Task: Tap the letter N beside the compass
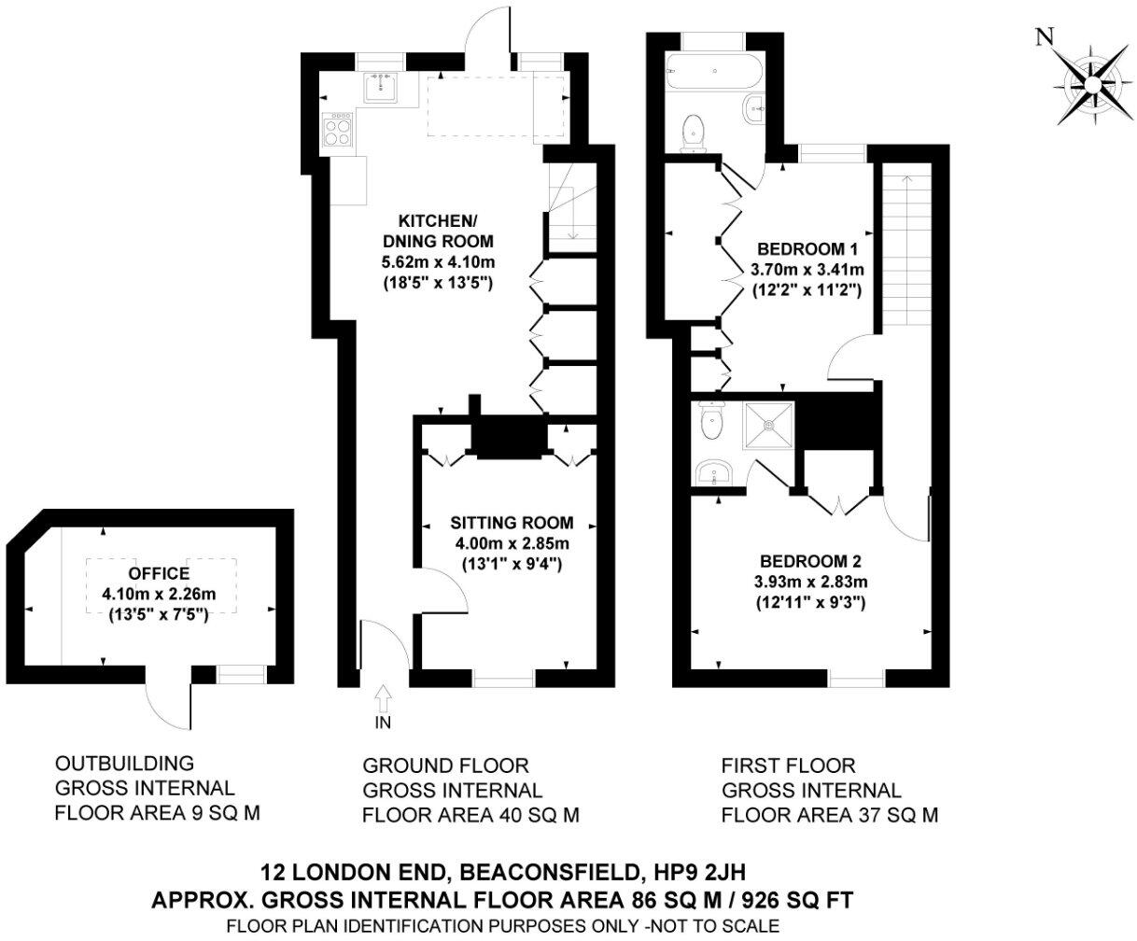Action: pos(1045,37)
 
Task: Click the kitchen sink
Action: pos(381,88)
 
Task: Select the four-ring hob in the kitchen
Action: pos(336,130)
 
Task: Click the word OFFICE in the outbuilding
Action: pos(159,573)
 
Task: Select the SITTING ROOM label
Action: pos(512,523)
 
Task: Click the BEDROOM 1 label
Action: pos(807,249)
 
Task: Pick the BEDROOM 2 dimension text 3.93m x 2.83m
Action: pos(811,582)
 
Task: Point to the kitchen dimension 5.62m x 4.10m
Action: pos(439,262)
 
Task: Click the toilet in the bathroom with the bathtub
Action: pos(694,133)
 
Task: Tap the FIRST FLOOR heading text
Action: pos(789,766)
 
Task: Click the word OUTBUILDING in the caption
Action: pos(125,764)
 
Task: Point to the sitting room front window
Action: pos(503,679)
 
